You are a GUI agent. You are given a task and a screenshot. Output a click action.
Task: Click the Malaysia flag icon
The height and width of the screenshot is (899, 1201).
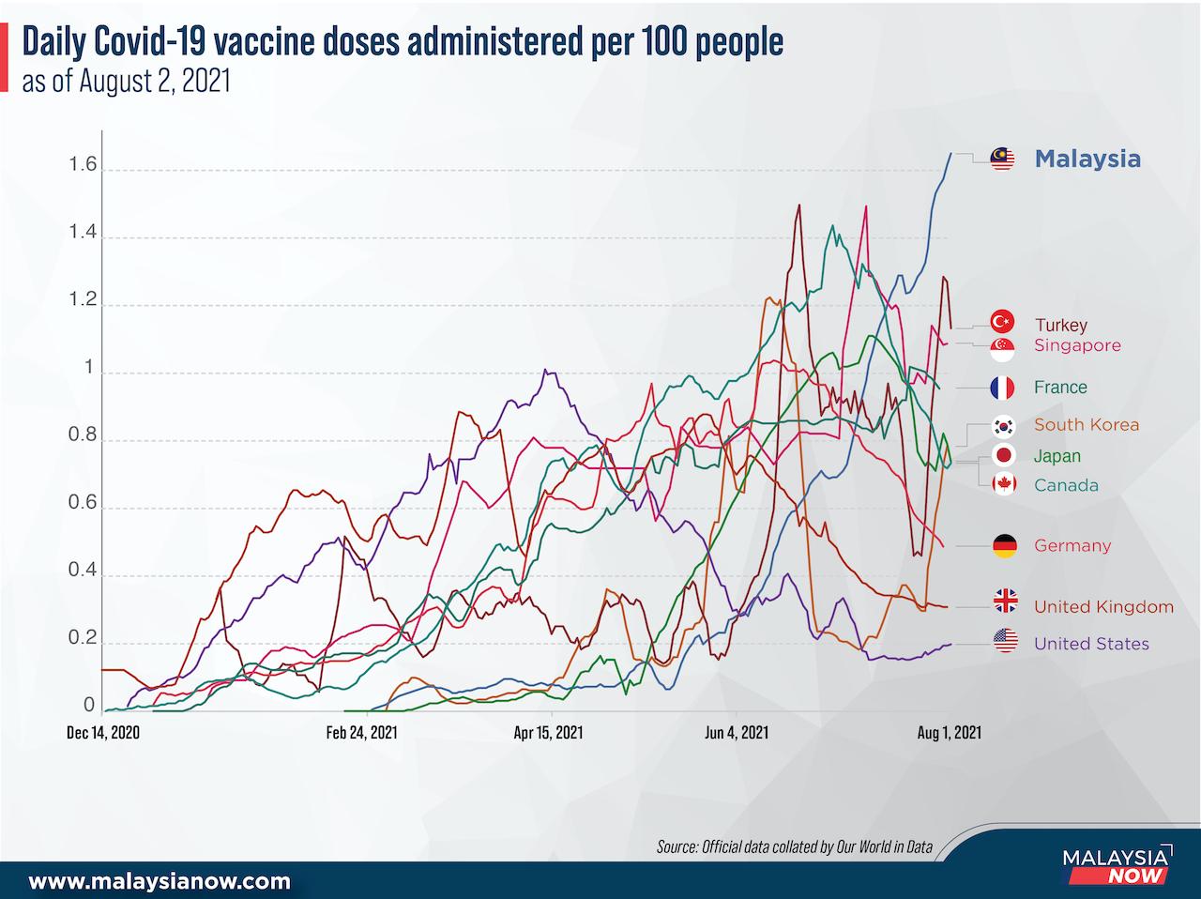point(1003,159)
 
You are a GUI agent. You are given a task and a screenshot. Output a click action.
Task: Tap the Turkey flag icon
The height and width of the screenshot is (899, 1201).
point(1003,322)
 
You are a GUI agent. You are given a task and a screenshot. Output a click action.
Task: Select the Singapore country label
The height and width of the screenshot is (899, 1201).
point(1077,345)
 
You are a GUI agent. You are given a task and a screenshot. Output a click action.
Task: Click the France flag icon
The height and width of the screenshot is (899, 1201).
point(1003,387)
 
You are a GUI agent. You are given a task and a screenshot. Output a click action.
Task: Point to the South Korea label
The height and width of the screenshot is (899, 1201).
point(1087,424)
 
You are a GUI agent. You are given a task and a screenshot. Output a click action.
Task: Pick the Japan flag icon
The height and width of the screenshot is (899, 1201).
point(1003,455)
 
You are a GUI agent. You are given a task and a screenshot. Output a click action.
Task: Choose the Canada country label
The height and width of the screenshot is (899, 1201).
point(1066,485)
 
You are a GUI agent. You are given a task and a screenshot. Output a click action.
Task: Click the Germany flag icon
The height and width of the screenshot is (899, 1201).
point(1004,545)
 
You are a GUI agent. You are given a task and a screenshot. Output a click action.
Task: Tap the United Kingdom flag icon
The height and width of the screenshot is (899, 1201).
point(1005,601)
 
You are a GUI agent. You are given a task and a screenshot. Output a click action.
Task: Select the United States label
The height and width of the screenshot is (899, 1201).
point(1091,643)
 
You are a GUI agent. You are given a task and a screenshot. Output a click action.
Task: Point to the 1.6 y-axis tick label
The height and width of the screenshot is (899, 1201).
point(83,165)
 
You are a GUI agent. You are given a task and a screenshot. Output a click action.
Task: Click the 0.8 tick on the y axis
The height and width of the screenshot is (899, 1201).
point(83,435)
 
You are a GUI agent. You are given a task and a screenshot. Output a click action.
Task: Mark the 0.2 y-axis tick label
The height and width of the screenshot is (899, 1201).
point(83,638)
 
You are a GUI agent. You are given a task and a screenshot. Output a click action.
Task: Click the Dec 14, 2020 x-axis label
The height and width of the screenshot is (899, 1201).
point(103,733)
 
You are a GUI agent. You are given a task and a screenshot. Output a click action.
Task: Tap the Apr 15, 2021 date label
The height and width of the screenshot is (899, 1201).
point(550,733)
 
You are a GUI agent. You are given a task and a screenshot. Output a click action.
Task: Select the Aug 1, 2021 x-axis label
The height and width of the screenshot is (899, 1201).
point(949,733)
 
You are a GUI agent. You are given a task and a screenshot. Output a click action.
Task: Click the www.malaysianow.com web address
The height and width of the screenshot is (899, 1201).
point(160,881)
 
